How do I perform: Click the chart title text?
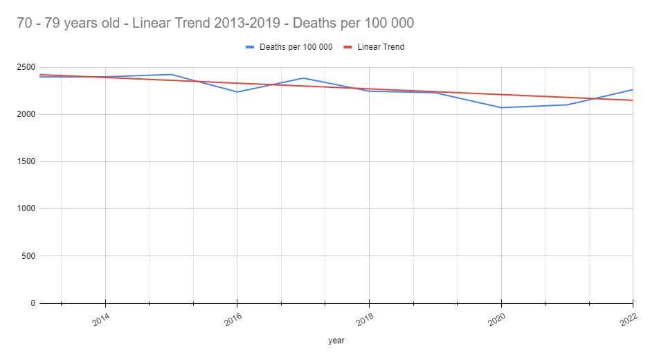tap(215, 23)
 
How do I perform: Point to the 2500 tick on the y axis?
tap(26, 67)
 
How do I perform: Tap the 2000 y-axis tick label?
tap(26, 114)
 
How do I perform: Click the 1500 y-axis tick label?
tap(26, 161)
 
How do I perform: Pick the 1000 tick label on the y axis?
tap(26, 208)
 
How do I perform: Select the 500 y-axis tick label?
tap(28, 256)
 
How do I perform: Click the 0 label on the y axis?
tap(32, 303)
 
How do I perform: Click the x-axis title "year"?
tap(336, 341)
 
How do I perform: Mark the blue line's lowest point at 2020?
tap(501, 107)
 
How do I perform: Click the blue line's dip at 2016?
tap(237, 92)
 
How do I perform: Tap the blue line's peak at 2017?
tap(303, 78)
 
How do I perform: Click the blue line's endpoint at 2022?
tap(633, 89)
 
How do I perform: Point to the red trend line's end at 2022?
tap(633, 100)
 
